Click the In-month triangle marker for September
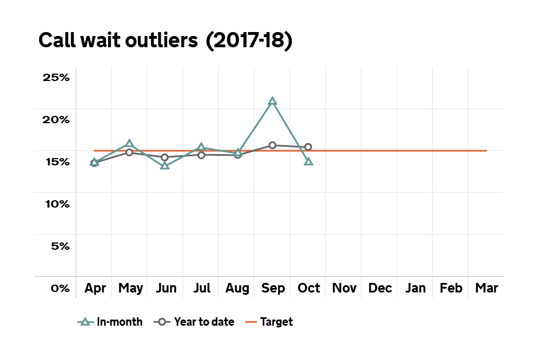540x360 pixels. [x=273, y=101]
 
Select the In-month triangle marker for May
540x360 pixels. [x=129, y=144]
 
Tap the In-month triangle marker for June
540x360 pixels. [x=165, y=165]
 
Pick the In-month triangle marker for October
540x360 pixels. [x=308, y=161]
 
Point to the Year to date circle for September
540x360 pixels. [x=273, y=145]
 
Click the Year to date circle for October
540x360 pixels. [x=308, y=147]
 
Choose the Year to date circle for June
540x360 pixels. [x=165, y=157]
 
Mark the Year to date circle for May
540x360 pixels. [x=129, y=152]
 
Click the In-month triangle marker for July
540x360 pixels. [x=201, y=148]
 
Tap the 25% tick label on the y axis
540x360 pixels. [x=56, y=78]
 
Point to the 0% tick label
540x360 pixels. [x=60, y=288]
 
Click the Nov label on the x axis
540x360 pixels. [x=344, y=289]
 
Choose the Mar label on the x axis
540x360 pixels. [x=487, y=289]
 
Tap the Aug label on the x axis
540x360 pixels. [x=237, y=289]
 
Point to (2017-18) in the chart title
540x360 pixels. [x=249, y=41]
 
